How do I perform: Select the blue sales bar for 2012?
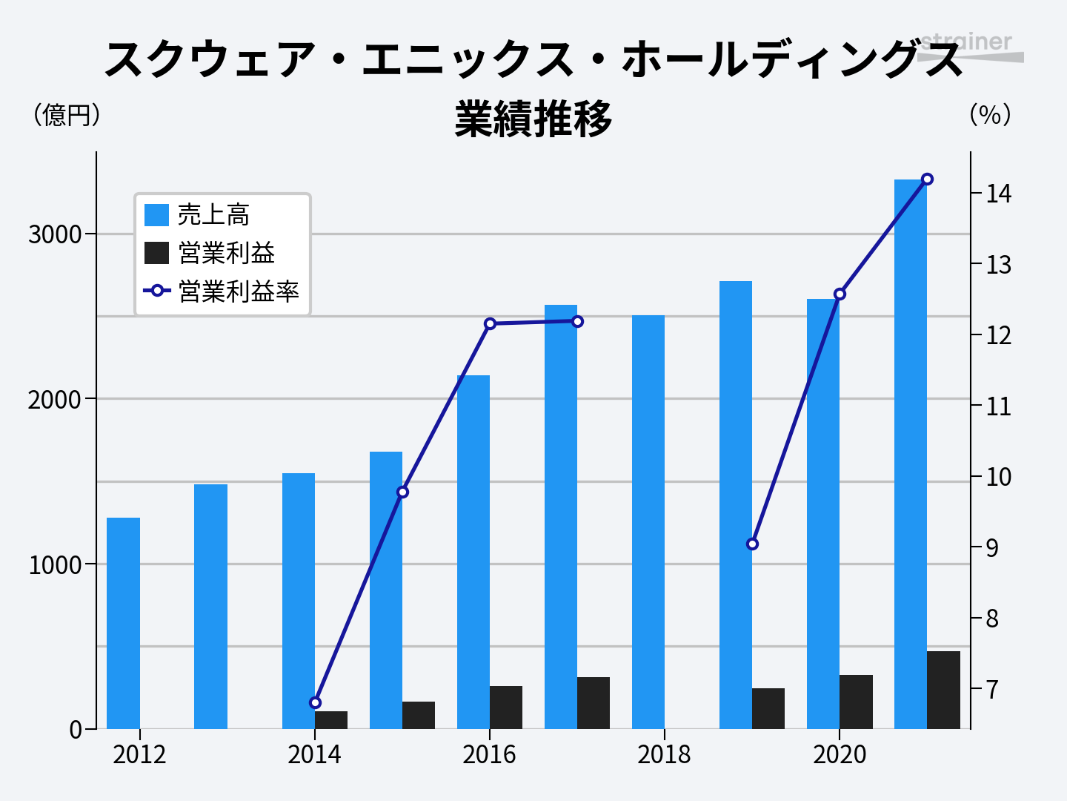[x=123, y=623]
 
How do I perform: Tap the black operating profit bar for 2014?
[x=331, y=719]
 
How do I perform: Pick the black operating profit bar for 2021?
[x=943, y=690]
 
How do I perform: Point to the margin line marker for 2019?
[x=752, y=544]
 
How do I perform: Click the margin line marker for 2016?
[x=490, y=323]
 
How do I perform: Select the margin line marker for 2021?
[x=927, y=179]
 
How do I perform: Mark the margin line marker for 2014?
[x=315, y=702]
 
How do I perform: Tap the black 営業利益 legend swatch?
[x=157, y=253]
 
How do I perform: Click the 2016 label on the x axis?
[x=489, y=754]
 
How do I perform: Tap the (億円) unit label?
[x=67, y=115]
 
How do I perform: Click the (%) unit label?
[x=990, y=115]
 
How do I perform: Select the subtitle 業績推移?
[x=533, y=119]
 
